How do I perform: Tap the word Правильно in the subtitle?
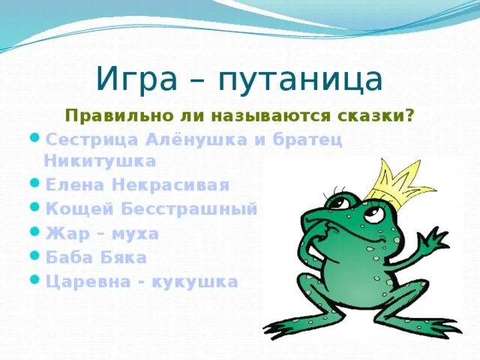point(110,117)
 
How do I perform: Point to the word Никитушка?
point(100,160)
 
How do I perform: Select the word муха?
point(135,233)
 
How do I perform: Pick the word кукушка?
point(197,282)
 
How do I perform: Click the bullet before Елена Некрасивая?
point(36,182)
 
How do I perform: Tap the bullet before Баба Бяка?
point(36,256)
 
